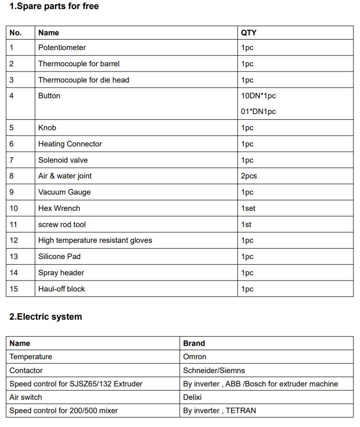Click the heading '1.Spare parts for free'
click(x=54, y=7)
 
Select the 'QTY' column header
click(x=248, y=32)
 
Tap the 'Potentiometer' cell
click(x=62, y=48)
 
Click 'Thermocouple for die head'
click(x=83, y=80)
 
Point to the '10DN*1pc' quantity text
click(x=258, y=95)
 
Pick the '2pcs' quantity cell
click(x=249, y=176)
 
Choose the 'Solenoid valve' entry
click(x=63, y=160)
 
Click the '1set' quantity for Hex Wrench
click(x=248, y=208)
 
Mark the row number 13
click(x=14, y=256)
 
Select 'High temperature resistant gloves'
click(x=95, y=240)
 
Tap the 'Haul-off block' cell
click(x=62, y=289)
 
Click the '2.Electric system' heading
click(x=46, y=316)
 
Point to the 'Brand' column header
click(x=194, y=343)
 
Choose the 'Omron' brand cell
click(x=195, y=356)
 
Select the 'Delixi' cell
click(x=193, y=397)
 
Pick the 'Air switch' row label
click(x=26, y=397)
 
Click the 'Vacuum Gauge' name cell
click(x=64, y=192)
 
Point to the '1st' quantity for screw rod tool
click(x=246, y=224)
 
